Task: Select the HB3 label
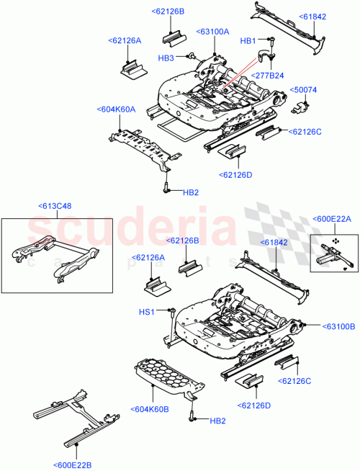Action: pos(166,58)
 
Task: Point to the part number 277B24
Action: pos(267,75)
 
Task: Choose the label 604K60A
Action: pos(117,109)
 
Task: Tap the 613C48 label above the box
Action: pos(55,206)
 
